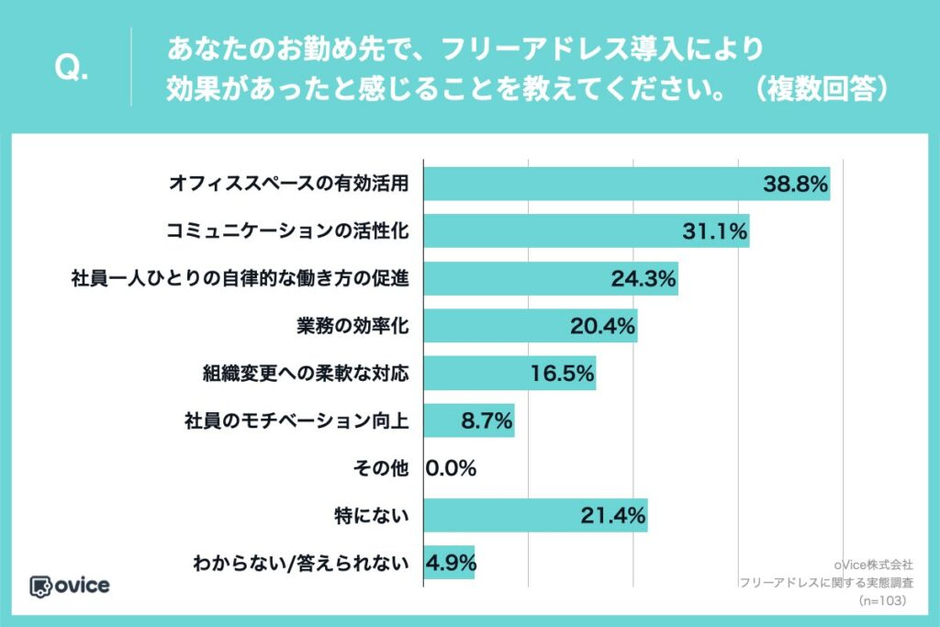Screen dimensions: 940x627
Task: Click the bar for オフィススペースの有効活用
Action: [626, 184]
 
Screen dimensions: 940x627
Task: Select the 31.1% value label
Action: [714, 231]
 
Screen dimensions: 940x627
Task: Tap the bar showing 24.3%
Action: [551, 279]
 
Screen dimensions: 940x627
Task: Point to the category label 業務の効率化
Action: [352, 326]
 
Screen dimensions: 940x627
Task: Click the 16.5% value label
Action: [562, 374]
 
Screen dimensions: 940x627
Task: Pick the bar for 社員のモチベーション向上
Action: [469, 420]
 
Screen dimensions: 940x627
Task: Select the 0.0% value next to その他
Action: [451, 468]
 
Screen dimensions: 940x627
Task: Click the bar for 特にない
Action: [535, 516]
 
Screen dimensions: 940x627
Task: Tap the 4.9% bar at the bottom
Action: [449, 563]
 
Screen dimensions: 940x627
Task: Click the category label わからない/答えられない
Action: [301, 563]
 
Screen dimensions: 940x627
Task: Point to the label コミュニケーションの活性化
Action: [287, 231]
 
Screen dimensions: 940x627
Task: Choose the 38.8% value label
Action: [795, 184]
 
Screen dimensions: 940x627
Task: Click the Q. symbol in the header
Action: [72, 68]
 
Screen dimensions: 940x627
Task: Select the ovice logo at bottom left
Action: [70, 587]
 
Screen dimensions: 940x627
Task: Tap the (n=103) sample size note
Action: [882, 600]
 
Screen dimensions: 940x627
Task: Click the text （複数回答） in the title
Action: [821, 89]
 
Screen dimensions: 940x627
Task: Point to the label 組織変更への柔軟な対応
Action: [306, 374]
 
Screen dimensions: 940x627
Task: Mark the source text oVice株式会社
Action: [874, 565]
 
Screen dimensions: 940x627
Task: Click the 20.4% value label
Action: [602, 326]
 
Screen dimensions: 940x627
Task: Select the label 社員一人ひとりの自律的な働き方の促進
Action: [240, 279]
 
